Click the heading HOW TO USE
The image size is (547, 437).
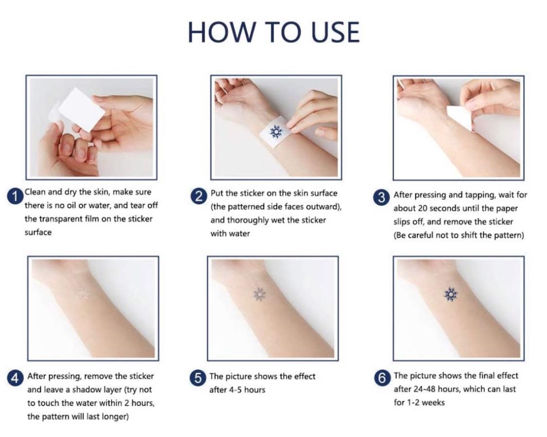pos(274,33)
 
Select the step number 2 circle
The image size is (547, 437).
pos(199,197)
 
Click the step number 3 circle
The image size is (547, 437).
pos(382,198)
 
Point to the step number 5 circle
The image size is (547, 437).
pos(198,378)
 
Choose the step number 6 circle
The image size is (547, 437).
pos(382,378)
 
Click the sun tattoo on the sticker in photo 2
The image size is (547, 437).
pos(276,131)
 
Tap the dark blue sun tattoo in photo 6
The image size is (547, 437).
pos(450,295)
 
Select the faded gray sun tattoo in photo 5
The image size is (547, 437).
pos(259,295)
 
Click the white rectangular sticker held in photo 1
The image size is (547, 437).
pos(81,109)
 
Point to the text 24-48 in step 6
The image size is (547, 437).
pos(424,389)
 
